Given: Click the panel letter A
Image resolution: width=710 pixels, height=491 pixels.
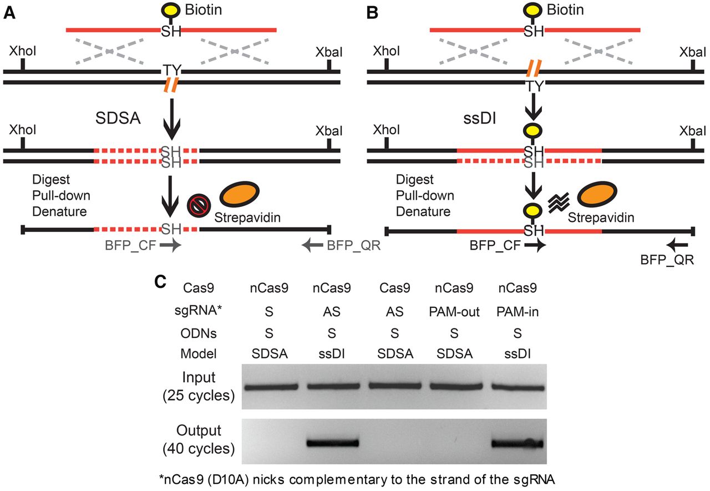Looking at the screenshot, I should click(x=9, y=13).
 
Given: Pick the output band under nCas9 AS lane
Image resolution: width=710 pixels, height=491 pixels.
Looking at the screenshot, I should click(x=333, y=443).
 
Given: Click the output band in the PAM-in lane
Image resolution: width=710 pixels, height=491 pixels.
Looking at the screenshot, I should click(x=517, y=444).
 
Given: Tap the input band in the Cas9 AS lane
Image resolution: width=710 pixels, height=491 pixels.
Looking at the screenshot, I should click(x=394, y=386).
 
